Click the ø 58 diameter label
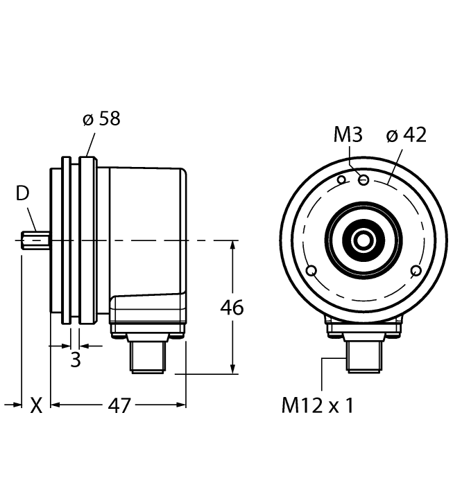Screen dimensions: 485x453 pos(101,118)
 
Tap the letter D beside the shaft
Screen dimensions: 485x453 pos(23,194)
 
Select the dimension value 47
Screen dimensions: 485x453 pos(119,405)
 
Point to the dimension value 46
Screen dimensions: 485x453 pos(232,307)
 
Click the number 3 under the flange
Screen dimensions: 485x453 pos(76,360)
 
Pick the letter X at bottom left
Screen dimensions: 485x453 pos(35,405)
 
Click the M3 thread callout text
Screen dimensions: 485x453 pos(348,134)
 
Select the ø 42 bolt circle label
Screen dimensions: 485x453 pos(407,134)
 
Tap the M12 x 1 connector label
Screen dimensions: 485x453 pos(317,405)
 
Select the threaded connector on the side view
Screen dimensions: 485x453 pos(146,356)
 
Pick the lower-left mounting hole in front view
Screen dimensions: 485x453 pos(311,270)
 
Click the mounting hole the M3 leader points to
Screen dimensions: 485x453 pos(364,180)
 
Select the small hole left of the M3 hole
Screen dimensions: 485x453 pos(341,180)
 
